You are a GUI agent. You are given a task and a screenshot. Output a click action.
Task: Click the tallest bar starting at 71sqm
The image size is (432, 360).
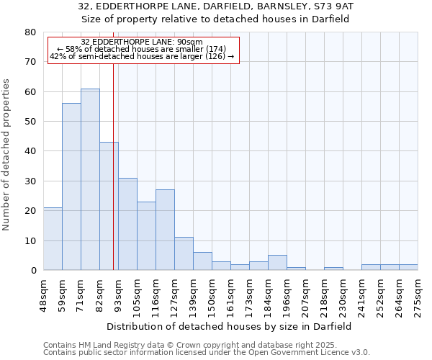(x=90, y=179)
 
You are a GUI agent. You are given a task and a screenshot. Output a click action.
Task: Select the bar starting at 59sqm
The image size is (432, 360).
(x=71, y=186)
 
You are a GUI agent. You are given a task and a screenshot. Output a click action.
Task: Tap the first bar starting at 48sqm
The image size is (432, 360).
(x=53, y=238)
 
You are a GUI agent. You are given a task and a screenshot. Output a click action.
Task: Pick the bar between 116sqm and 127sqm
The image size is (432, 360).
(x=165, y=230)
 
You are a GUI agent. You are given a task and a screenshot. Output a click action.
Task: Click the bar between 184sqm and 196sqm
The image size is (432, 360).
(x=277, y=263)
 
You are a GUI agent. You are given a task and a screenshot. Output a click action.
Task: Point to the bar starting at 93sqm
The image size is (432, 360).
(x=127, y=224)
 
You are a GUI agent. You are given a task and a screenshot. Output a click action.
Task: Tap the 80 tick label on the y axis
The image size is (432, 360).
(x=30, y=32)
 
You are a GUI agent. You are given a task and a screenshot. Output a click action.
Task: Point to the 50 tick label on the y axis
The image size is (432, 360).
(x=30, y=122)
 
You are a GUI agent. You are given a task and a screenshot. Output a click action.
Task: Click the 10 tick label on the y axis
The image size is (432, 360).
(x=30, y=240)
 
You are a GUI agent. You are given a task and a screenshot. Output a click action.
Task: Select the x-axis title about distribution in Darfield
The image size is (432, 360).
(x=230, y=326)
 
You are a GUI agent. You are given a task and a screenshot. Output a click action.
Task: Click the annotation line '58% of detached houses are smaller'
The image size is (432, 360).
(x=142, y=49)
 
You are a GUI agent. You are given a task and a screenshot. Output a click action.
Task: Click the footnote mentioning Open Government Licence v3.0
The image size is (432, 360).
(x=207, y=353)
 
